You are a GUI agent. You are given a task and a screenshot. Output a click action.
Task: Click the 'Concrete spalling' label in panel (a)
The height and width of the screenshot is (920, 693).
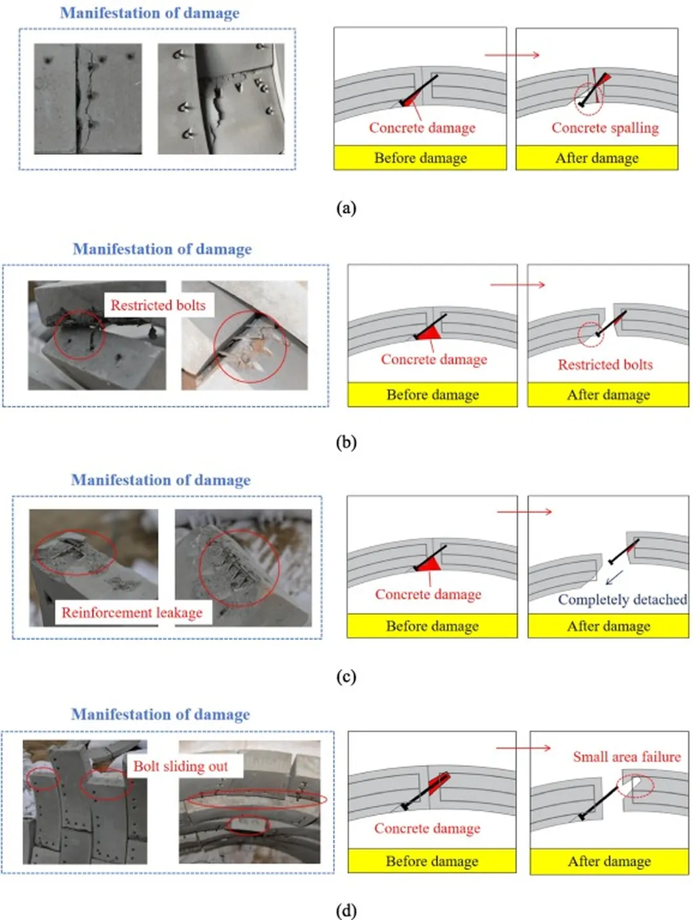[x=604, y=128]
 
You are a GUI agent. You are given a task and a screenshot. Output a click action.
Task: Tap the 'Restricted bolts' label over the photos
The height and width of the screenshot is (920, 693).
[x=158, y=305]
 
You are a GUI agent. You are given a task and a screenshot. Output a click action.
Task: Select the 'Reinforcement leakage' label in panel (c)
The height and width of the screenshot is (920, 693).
[x=132, y=613]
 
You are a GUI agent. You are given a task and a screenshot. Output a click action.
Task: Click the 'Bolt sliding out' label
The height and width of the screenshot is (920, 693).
[x=180, y=766]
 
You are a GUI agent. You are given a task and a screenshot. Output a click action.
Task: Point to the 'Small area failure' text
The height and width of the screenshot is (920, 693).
[x=627, y=757]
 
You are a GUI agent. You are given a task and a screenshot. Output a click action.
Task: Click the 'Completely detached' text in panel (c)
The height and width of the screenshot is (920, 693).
[x=622, y=599]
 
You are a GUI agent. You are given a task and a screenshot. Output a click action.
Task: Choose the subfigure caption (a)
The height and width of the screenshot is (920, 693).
[x=346, y=208]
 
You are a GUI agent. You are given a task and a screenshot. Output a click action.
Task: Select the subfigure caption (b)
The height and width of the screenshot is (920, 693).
[x=346, y=442]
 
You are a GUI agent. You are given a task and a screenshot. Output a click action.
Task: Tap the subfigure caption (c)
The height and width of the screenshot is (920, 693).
[x=346, y=676]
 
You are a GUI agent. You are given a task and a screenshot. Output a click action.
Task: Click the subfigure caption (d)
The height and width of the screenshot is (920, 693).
[x=346, y=911]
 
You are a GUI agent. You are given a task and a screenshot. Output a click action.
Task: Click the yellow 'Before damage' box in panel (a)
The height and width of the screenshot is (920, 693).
[x=420, y=158]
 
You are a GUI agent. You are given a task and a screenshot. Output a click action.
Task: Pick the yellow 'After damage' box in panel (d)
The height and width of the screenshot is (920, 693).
[x=609, y=861]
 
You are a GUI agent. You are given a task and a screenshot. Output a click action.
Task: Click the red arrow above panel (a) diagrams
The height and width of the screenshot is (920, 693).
[x=512, y=55]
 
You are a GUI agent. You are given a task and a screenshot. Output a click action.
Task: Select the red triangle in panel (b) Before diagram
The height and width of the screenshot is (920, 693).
[x=429, y=331]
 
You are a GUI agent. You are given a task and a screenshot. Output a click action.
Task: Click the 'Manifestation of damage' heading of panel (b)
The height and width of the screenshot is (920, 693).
[x=162, y=249]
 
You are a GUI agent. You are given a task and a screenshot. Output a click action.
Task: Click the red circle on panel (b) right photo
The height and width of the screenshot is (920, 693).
[x=250, y=346]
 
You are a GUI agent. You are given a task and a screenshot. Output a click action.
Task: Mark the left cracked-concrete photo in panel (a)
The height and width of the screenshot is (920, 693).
[x=88, y=99]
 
